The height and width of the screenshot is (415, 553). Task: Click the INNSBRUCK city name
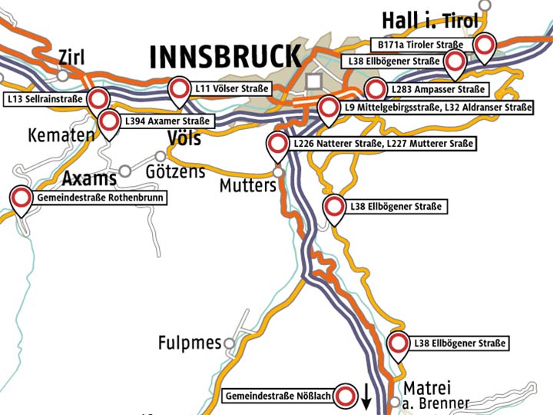224,57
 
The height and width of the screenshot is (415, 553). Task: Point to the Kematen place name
61,135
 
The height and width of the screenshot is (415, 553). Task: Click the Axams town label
89,179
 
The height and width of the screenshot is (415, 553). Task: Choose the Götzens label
175,171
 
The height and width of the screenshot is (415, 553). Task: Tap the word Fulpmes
189,342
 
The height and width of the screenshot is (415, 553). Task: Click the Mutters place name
247,186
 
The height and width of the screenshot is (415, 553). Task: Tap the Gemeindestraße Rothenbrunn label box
100,198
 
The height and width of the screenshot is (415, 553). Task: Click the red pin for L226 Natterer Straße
277,144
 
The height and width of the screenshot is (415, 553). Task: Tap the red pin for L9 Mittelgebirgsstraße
329,108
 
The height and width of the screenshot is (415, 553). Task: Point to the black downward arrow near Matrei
367,396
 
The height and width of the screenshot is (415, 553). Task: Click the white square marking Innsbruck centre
313,81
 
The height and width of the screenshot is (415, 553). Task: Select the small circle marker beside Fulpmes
228,342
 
